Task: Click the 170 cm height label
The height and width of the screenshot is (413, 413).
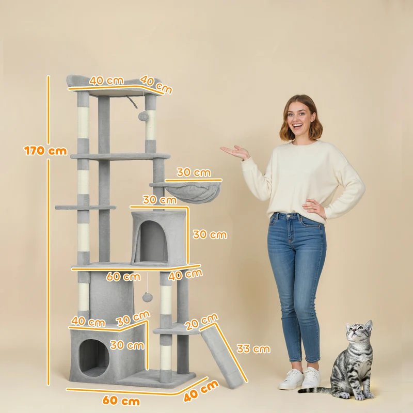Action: pyautogui.click(x=45, y=151)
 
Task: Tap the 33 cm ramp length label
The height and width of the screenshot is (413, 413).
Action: pyautogui.click(x=253, y=349)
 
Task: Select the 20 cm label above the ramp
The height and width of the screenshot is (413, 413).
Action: pyautogui.click(x=201, y=322)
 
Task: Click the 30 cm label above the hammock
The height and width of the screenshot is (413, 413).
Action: pyautogui.click(x=194, y=172)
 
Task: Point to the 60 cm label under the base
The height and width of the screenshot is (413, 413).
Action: pyautogui.click(x=121, y=401)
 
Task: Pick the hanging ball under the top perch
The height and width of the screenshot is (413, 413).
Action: pyautogui.click(x=144, y=116)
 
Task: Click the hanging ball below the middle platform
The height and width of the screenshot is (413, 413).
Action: pyautogui.click(x=148, y=297)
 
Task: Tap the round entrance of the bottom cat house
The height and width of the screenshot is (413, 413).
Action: pyautogui.click(x=94, y=358)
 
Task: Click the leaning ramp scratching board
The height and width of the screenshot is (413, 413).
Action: pyautogui.click(x=222, y=358)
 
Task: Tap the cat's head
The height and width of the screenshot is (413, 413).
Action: pyautogui.click(x=359, y=332)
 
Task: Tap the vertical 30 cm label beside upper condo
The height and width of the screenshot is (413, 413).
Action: pyautogui.click(x=210, y=235)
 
